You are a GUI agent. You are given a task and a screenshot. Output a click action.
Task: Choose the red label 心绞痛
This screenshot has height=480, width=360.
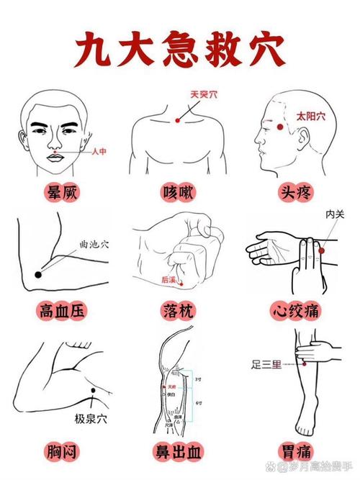click(296, 311)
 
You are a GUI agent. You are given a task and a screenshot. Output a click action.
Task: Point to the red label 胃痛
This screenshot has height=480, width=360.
click(296, 451)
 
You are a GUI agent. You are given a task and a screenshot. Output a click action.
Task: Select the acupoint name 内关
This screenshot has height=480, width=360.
click(334, 214)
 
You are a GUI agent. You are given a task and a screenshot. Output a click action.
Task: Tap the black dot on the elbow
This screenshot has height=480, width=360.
click(38, 275)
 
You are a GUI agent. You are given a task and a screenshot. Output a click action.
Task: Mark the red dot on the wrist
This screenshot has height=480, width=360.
click(320, 249)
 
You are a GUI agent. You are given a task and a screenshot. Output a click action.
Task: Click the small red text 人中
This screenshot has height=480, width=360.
click(99, 152)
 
